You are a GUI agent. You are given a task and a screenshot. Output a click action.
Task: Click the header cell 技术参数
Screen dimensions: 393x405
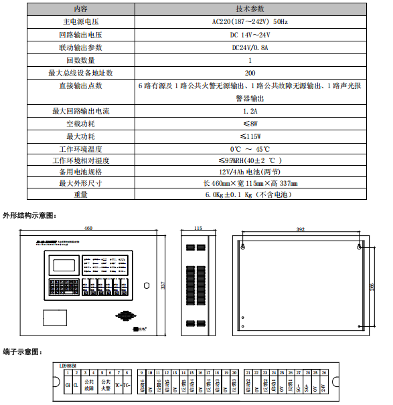tap(250, 9)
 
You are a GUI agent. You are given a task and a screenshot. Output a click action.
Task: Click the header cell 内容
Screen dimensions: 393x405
tap(80, 9)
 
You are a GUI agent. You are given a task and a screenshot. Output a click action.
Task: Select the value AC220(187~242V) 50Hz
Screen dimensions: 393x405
tap(250, 21)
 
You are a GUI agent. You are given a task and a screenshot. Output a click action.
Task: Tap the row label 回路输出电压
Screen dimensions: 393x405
tap(80, 35)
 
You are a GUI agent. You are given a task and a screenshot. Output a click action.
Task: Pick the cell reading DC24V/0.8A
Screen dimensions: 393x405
tap(250, 47)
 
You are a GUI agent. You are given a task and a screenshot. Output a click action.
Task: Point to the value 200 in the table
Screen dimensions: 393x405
tap(250, 73)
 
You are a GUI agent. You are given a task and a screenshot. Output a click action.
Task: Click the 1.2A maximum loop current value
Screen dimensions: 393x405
tap(250, 111)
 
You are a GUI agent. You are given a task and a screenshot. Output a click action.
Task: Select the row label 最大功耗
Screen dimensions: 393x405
tap(80, 136)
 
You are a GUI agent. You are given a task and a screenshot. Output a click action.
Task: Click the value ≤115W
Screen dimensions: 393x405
tap(250, 136)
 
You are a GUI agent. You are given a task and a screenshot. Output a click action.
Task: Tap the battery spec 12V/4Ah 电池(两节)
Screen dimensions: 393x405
tap(250, 172)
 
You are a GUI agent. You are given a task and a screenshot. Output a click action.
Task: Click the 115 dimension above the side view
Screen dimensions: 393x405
tap(198, 229)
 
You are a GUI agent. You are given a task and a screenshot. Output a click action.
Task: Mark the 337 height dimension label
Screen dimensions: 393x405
tap(163, 285)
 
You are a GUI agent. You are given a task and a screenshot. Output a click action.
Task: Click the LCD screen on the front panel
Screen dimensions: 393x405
tap(60, 264)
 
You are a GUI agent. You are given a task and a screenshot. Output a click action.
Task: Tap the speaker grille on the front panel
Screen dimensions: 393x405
tap(123, 316)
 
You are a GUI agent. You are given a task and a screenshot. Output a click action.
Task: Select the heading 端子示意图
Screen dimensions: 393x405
tap(23, 351)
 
